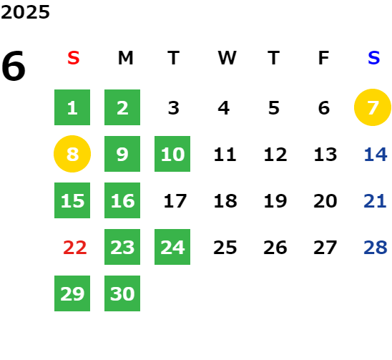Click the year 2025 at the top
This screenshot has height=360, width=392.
tap(25, 12)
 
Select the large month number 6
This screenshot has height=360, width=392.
tap(14, 66)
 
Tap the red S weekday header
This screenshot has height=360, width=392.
tap(74, 58)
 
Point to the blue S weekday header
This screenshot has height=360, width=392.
tap(374, 58)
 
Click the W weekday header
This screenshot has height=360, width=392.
tap(227, 58)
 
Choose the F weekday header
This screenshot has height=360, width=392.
tap(324, 58)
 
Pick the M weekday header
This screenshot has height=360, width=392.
tap(125, 58)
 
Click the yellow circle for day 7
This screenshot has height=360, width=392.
tap(373, 107)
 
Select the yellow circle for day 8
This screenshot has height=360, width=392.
tap(72, 154)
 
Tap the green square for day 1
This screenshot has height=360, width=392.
tap(72, 107)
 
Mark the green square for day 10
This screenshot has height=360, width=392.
tap(172, 154)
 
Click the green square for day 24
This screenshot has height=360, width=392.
tap(172, 247)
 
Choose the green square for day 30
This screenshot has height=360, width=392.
tap(122, 293)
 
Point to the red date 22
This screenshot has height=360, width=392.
tap(75, 248)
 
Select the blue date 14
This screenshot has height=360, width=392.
tap(376, 155)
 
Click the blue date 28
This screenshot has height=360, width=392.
tap(376, 248)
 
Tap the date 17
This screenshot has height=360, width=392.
tap(175, 201)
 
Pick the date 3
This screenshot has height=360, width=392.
tap(174, 108)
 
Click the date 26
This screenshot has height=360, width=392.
tap(275, 248)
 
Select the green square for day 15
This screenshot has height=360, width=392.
tap(72, 200)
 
